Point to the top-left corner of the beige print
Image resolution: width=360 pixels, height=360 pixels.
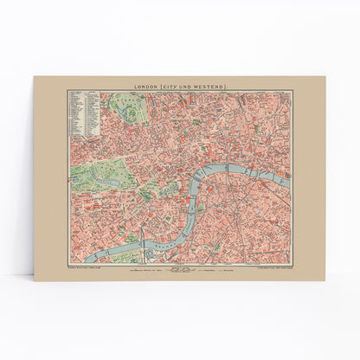[34, 76]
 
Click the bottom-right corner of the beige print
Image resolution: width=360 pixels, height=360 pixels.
[325, 280]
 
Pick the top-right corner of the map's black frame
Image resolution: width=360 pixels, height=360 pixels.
[292, 90]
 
